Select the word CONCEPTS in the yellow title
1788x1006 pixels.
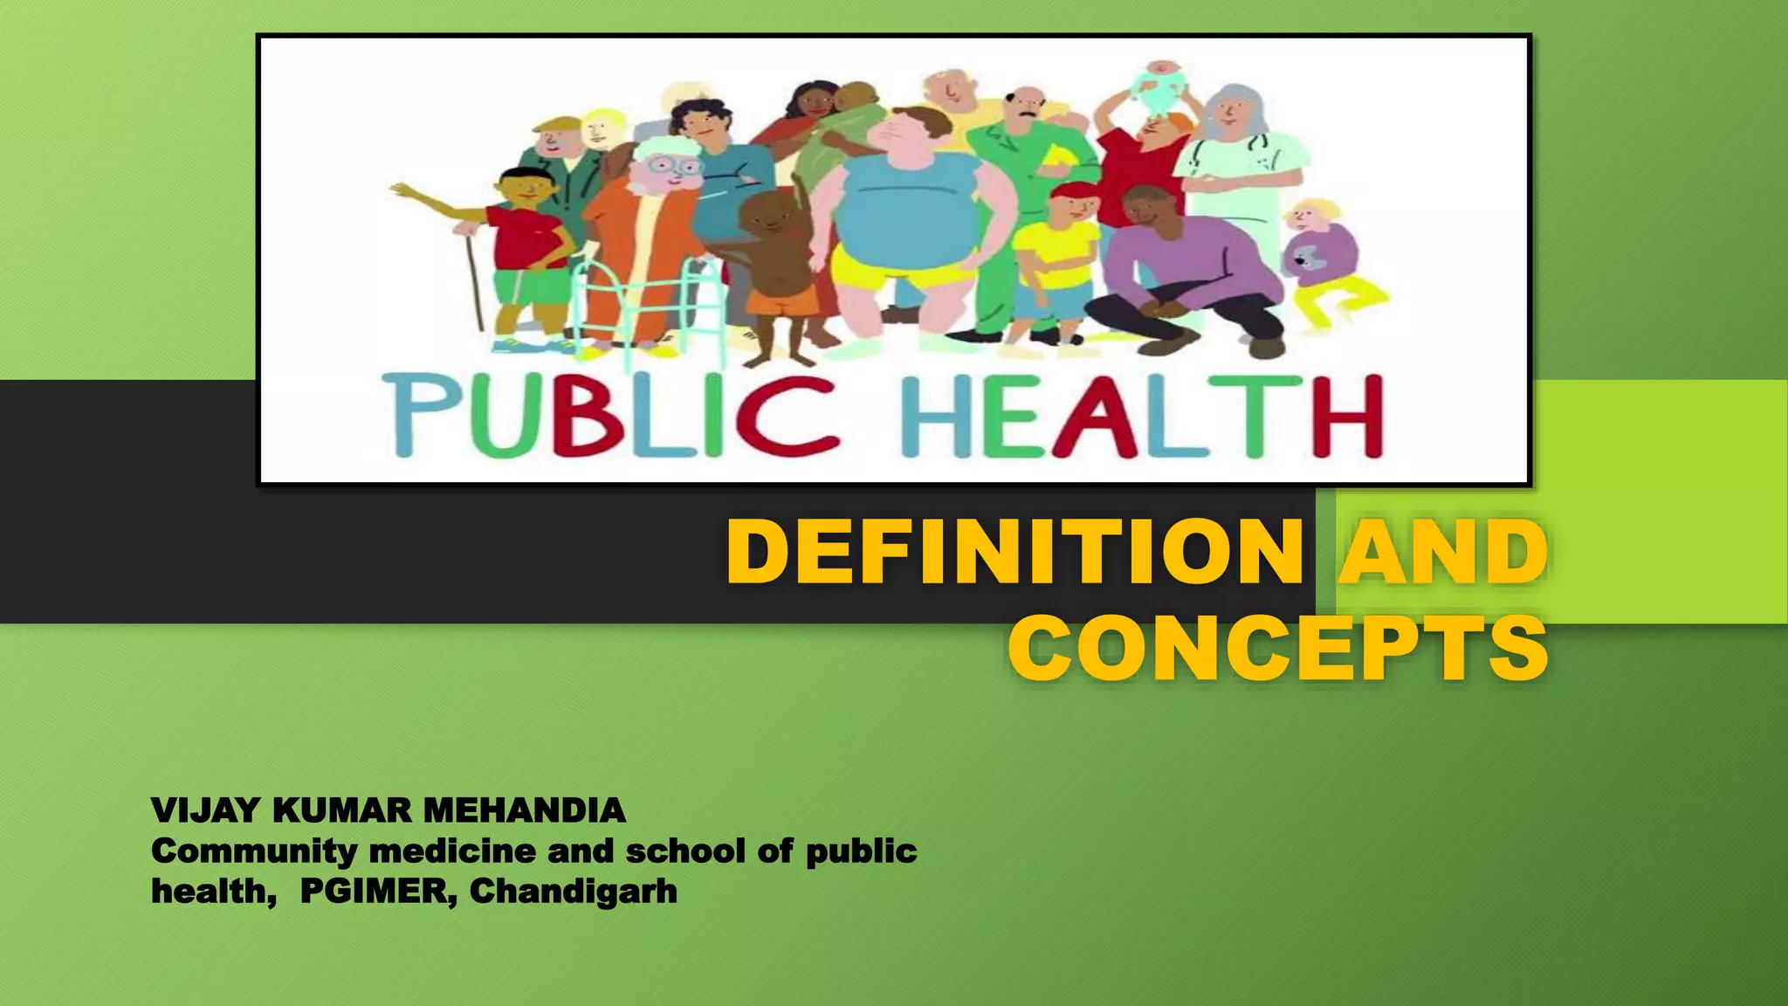coord(1278,648)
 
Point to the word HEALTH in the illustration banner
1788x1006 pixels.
coord(1142,417)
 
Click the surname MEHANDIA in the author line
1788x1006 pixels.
coord(524,810)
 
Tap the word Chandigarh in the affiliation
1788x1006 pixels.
coord(574,892)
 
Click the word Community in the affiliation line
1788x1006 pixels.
coord(254,851)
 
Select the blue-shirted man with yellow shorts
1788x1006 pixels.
coord(908,210)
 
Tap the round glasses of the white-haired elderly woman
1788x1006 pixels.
coord(674,166)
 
